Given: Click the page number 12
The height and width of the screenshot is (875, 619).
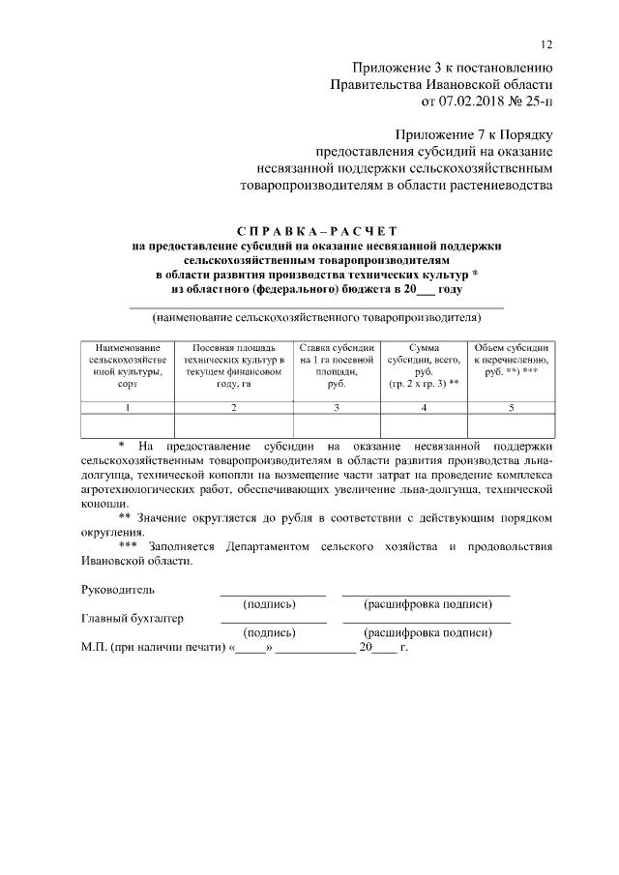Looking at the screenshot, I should [546, 45].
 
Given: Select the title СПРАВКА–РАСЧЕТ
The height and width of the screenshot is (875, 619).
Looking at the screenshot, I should [317, 232].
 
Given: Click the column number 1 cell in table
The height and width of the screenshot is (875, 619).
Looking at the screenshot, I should [128, 408].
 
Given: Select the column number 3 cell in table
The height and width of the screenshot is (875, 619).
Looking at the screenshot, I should [337, 408].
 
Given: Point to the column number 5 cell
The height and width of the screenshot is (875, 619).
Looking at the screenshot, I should [512, 408].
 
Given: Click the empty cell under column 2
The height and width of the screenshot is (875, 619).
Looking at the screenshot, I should [234, 426].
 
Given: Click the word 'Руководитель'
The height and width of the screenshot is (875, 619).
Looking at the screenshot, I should [117, 589].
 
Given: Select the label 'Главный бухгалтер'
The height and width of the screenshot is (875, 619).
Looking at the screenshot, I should [133, 618].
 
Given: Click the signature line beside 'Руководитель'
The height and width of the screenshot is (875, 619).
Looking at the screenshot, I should [273, 594].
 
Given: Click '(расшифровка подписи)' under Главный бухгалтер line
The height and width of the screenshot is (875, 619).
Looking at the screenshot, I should [427, 633].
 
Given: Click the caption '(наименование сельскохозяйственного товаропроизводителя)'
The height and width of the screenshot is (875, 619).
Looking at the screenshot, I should [317, 317].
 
